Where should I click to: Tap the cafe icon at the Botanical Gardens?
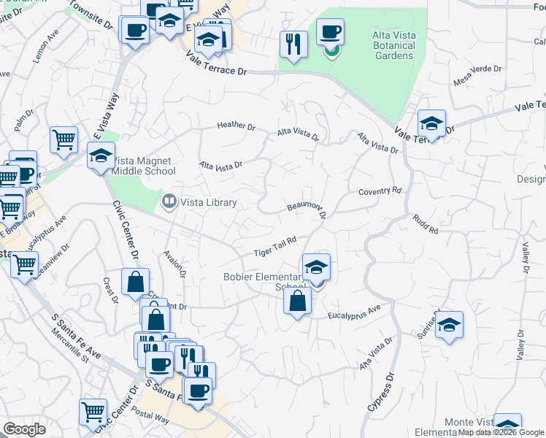coord(330,33)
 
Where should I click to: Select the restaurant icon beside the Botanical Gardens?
coord(293,45)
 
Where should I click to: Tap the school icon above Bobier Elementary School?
coord(316,266)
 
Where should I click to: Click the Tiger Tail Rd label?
coord(274,247)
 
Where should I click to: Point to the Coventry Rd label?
coord(380,191)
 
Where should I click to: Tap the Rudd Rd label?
coord(425,225)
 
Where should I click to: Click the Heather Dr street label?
coord(236,126)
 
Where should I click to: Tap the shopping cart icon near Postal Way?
coord(93,412)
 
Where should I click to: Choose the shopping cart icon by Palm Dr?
coord(64,139)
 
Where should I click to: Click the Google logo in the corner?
coord(24,429)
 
